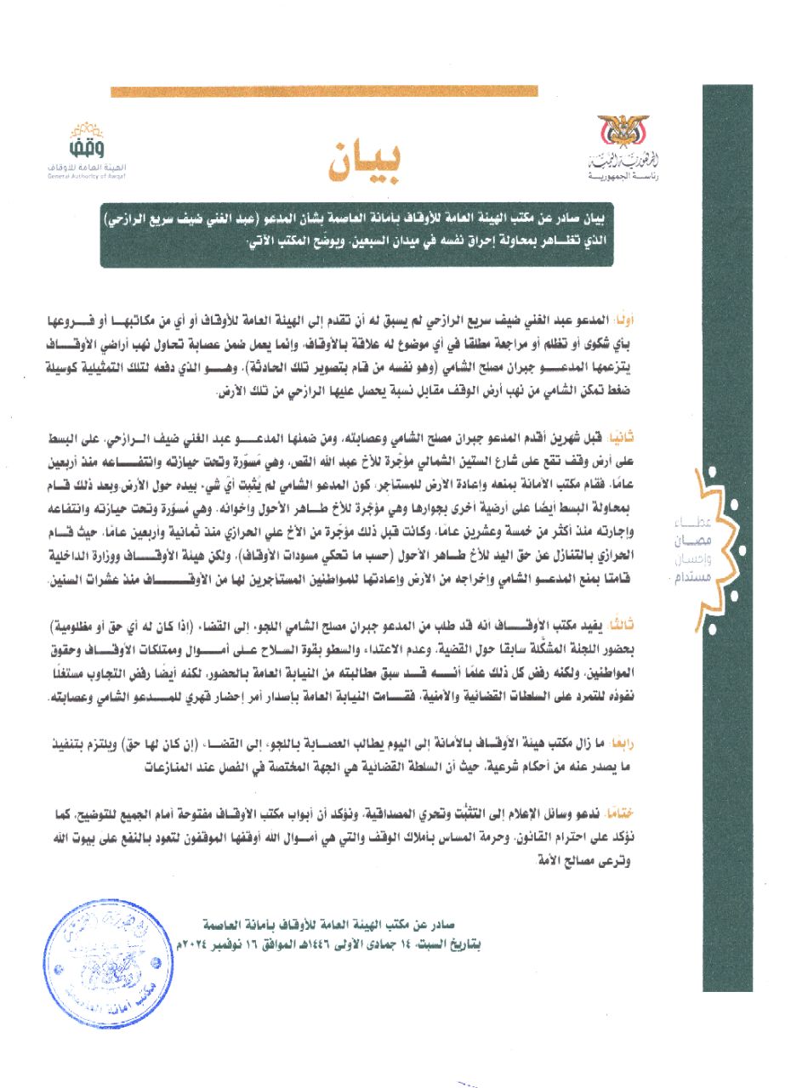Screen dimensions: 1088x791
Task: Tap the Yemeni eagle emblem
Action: pyautogui.click(x=623, y=132)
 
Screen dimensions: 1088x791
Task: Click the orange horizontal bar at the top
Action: pyautogui.click(x=324, y=91)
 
